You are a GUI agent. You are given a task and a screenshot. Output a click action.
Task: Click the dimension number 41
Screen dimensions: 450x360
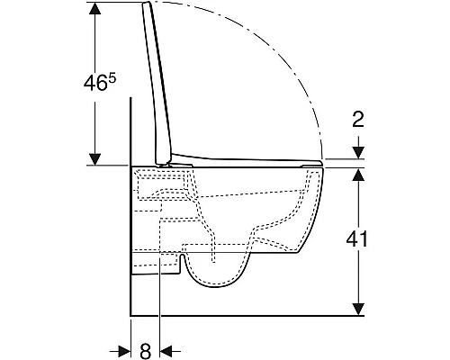pyautogui.click(x=356, y=239)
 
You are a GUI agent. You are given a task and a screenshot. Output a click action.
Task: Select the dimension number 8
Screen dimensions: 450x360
pyautogui.click(x=146, y=351)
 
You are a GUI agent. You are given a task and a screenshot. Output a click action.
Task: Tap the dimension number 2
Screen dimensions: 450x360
pyautogui.click(x=358, y=119)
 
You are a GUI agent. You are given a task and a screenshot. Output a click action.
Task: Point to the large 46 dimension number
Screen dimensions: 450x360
pyautogui.click(x=95, y=83)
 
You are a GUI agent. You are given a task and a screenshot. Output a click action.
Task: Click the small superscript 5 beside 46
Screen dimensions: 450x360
pyautogui.click(x=112, y=78)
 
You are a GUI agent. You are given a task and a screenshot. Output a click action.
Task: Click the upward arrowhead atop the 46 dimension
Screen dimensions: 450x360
pyautogui.click(x=95, y=9)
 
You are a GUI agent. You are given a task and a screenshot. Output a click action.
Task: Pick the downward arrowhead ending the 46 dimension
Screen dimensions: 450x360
pyautogui.click(x=95, y=159)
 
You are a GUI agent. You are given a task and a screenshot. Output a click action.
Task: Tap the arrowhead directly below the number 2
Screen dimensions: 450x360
pyautogui.click(x=358, y=152)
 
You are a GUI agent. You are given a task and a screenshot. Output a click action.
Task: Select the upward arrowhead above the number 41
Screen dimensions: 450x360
pyautogui.click(x=358, y=175)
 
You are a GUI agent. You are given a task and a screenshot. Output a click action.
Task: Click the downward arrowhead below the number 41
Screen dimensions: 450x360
pyautogui.click(x=358, y=310)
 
